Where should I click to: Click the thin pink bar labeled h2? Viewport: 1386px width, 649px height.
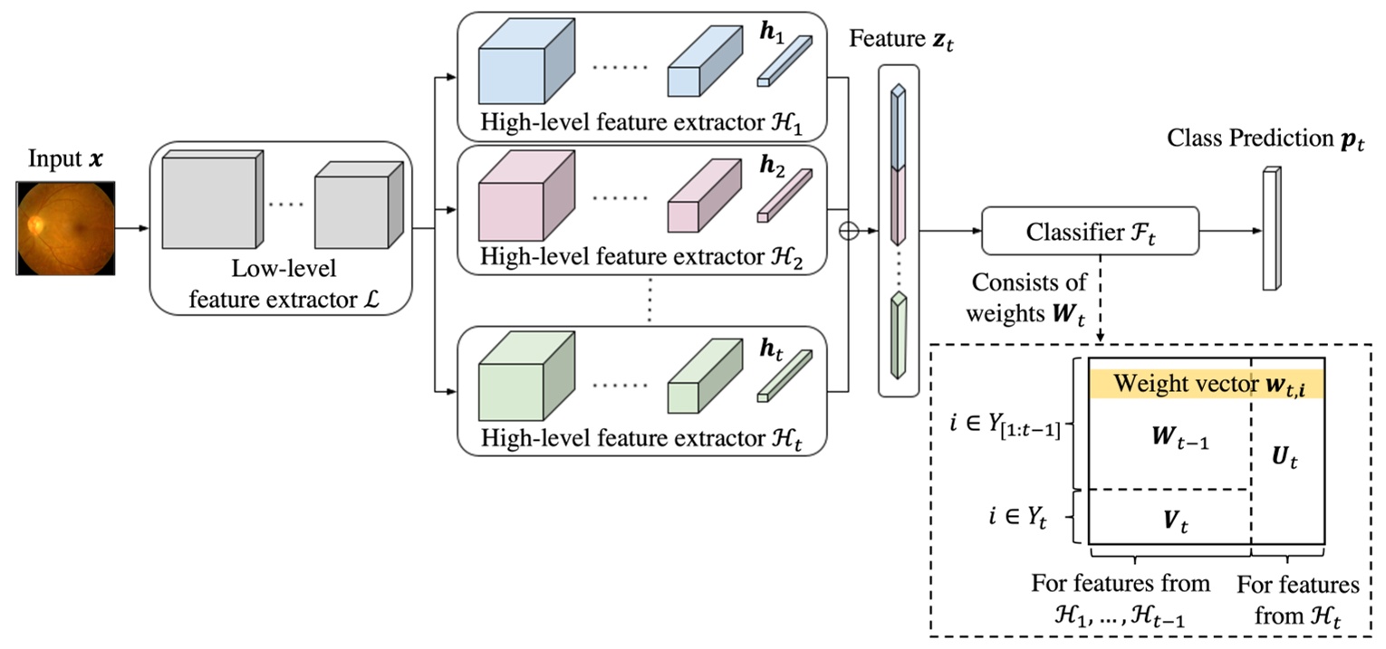[x=784, y=196]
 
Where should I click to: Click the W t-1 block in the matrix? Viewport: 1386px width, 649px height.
[x=1168, y=442]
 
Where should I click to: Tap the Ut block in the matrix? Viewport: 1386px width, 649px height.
[x=1287, y=461]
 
